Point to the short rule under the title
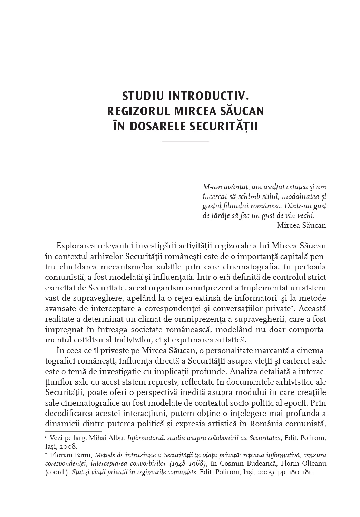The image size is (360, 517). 185,142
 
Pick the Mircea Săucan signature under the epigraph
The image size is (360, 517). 301,225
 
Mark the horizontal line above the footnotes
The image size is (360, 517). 74,431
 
